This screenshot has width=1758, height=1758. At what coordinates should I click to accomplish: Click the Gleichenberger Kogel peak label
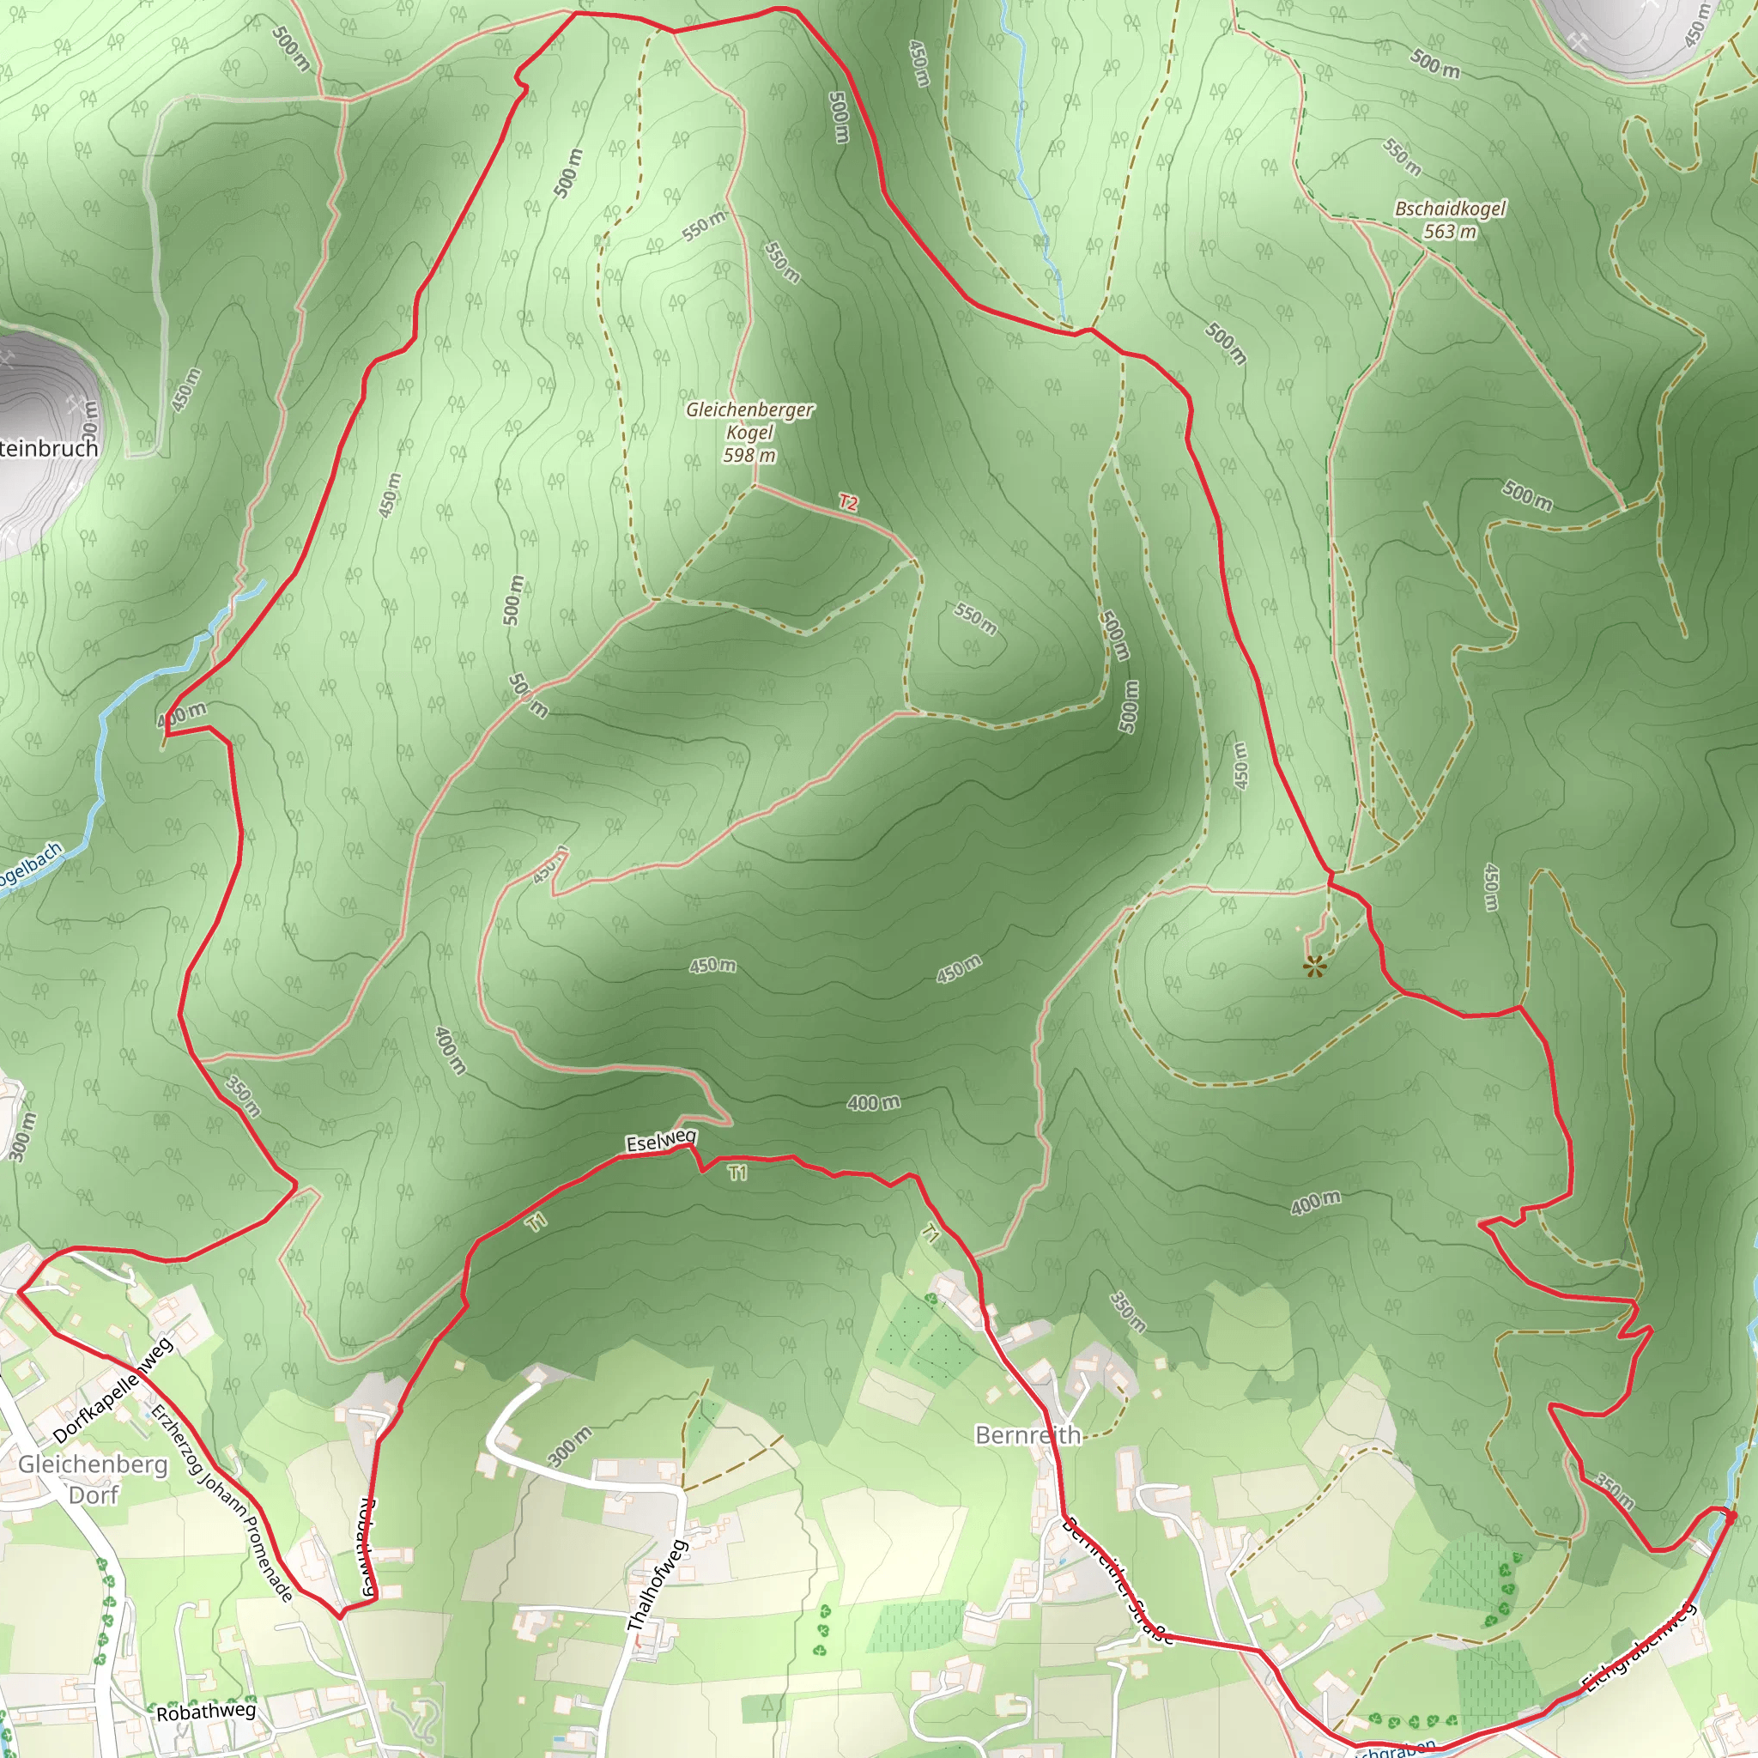tap(749, 421)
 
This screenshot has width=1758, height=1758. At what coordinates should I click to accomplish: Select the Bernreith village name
tap(1028, 1435)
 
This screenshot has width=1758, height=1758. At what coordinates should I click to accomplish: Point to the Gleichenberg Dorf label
tap(93, 1479)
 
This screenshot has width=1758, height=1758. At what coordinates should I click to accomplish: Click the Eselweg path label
tap(661, 1141)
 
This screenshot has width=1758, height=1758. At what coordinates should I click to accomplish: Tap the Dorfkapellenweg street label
tap(112, 1391)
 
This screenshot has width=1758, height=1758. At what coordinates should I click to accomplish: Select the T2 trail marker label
tap(848, 502)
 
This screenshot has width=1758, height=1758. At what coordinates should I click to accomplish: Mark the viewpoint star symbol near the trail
tap(1313, 967)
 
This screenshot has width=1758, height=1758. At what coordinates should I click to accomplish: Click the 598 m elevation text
tap(749, 455)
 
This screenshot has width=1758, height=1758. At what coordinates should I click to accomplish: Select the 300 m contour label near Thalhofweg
tap(571, 1446)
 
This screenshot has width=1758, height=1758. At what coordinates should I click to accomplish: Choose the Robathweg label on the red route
tap(368, 1546)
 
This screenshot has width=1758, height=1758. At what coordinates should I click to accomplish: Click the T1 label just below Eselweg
tap(737, 1173)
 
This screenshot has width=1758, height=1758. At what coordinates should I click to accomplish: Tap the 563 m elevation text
tap(1451, 232)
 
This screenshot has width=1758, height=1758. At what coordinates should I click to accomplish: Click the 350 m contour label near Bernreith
tap(1126, 1310)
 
